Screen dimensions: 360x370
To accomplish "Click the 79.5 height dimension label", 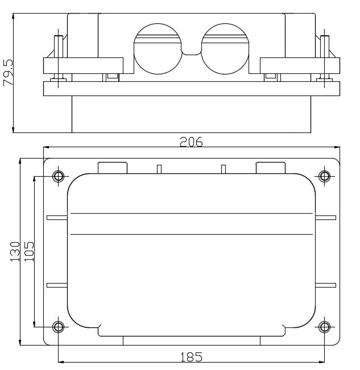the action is click(x=8, y=72).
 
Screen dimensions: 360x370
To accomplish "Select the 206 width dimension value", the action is click(x=191, y=142).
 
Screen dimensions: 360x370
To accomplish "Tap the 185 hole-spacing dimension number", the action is click(x=192, y=357).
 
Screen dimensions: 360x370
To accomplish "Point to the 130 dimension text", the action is click(x=15, y=252).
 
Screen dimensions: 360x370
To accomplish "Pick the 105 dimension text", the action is click(x=29, y=252).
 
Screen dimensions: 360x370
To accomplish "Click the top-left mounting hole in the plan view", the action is click(x=58, y=176).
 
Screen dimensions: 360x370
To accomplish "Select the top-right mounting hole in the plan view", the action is click(x=324, y=176).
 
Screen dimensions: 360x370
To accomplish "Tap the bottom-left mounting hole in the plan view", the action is click(x=58, y=327).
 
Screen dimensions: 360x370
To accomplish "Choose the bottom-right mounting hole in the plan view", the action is click(x=324, y=327).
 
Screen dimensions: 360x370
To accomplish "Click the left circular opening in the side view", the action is click(x=158, y=49).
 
